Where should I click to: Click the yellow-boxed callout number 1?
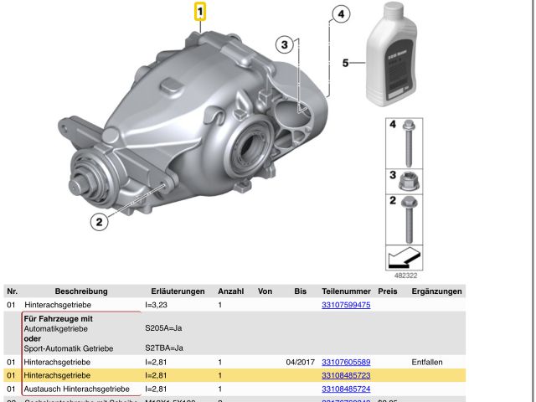[200, 12]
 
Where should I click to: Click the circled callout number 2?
[99, 221]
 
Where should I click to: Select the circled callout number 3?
[285, 44]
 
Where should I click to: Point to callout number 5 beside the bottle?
[345, 62]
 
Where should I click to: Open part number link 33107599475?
[346, 305]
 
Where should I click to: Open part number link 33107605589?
[346, 362]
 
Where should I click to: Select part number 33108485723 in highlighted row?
[346, 375]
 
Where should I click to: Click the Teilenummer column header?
[346, 291]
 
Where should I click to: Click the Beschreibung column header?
[82, 291]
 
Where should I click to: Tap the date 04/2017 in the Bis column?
[300, 362]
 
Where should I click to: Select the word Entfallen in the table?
[432, 362]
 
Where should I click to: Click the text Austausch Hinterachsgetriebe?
[76, 389]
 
